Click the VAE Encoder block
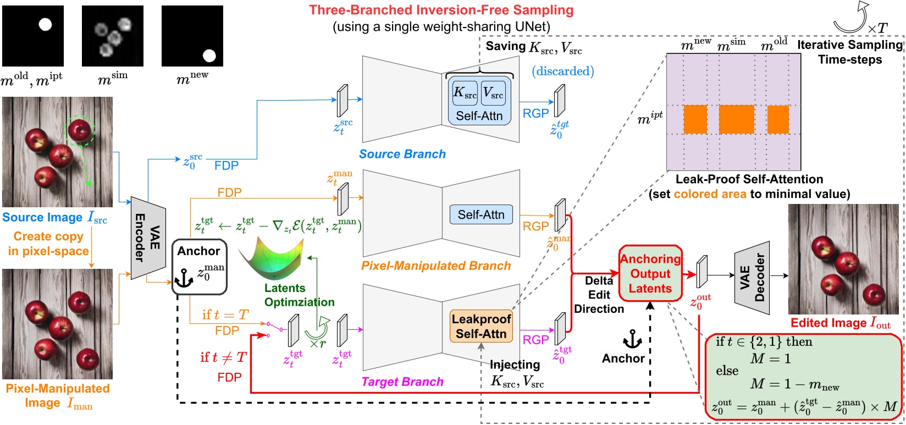(148, 238)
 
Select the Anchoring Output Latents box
(650, 273)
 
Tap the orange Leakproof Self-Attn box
(481, 326)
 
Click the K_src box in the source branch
(465, 93)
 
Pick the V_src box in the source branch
(493, 93)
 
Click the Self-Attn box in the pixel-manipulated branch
(480, 214)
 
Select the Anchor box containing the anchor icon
(199, 266)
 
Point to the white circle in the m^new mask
(209, 55)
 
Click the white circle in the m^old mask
(45, 24)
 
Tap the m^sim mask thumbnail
(113, 36)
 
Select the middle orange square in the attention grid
(736, 119)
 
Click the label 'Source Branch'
(402, 154)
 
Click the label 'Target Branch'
(402, 382)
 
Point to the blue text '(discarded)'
(562, 71)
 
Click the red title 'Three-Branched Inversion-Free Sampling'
(441, 10)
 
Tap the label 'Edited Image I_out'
(840, 323)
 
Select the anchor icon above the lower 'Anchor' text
(632, 339)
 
